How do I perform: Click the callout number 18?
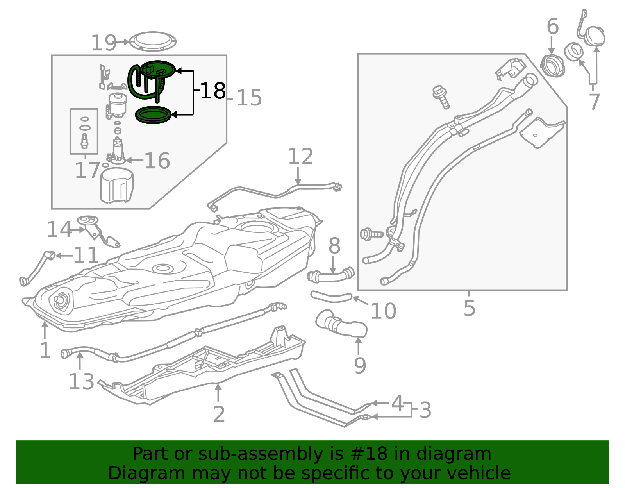(x=213, y=91)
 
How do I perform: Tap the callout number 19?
(x=104, y=43)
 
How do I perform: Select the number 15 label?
(x=249, y=98)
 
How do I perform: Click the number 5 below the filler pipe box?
(x=470, y=308)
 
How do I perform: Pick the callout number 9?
(x=360, y=365)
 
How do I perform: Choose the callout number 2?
(x=219, y=415)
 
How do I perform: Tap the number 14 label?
(x=59, y=229)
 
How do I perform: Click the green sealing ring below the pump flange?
(x=153, y=115)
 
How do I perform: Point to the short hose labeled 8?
(x=331, y=275)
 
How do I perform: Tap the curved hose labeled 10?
(x=331, y=297)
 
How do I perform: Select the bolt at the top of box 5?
(x=441, y=97)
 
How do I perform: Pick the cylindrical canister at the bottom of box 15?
(x=116, y=186)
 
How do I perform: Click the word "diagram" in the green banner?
(x=454, y=454)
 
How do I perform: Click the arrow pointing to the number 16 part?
(x=134, y=160)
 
